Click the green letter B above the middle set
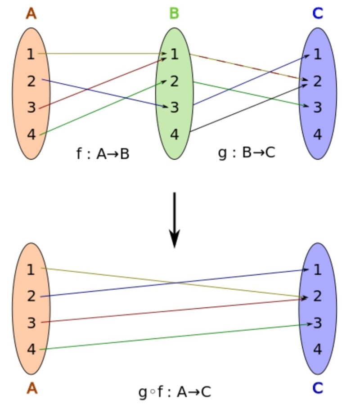174,13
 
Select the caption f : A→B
103,154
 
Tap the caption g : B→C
246,153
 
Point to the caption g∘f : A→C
175,392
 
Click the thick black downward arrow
175,220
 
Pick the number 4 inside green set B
174,134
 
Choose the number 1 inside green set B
175,54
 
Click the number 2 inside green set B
175,81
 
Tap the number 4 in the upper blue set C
318,134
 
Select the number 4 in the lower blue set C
318,349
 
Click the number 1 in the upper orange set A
31,54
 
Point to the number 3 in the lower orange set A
31,323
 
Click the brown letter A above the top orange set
31,13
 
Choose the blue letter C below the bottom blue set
318,388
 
